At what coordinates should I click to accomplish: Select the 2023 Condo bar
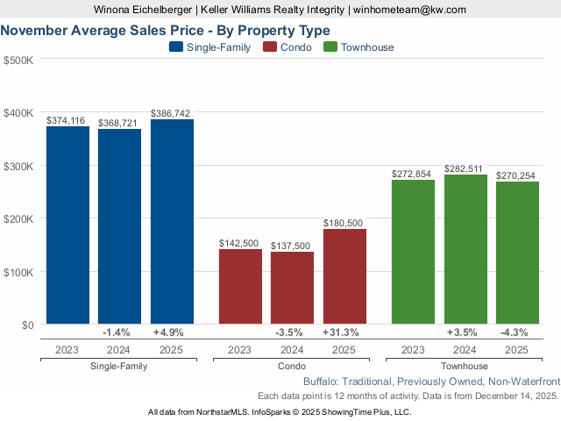[x=240, y=287]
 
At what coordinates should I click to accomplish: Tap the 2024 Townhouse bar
[x=465, y=249]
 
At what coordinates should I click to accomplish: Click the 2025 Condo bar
[x=344, y=276]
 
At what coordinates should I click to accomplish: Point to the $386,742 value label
[x=171, y=113]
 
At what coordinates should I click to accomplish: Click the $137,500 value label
[x=292, y=246]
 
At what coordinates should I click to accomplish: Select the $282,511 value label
[x=465, y=168]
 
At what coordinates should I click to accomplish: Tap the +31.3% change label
[x=344, y=332]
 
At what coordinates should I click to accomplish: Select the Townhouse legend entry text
[x=367, y=47]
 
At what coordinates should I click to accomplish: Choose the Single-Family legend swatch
[x=175, y=47]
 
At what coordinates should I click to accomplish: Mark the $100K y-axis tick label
[x=18, y=272]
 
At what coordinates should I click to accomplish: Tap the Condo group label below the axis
[x=292, y=366]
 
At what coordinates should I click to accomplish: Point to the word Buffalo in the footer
[x=322, y=382]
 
